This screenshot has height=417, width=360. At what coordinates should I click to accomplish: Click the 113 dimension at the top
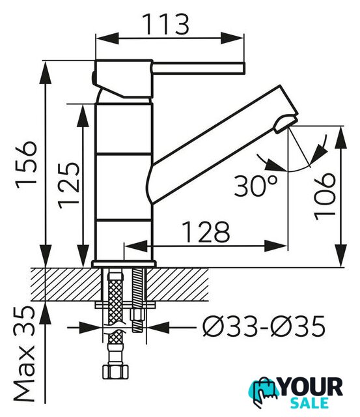pos(165,25)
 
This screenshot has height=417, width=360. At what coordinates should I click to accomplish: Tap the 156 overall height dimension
pos(26,165)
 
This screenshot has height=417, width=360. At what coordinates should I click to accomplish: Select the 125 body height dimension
pos(69,185)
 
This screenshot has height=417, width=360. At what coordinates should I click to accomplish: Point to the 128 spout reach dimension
pos(206,232)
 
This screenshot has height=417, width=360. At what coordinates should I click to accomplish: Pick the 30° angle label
pos(256,186)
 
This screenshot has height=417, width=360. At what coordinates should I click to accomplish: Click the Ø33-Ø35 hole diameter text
pos(264,326)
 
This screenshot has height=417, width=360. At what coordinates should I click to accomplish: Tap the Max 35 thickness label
pos(24,354)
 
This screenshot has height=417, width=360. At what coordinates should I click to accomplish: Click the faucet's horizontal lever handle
pos(198,68)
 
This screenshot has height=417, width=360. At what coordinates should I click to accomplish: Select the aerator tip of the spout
pos(286,124)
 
